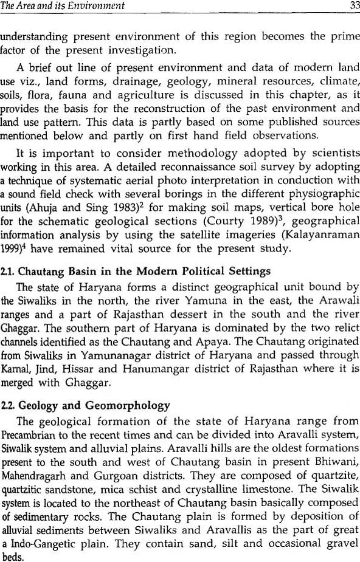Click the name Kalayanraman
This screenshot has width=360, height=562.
317,235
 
